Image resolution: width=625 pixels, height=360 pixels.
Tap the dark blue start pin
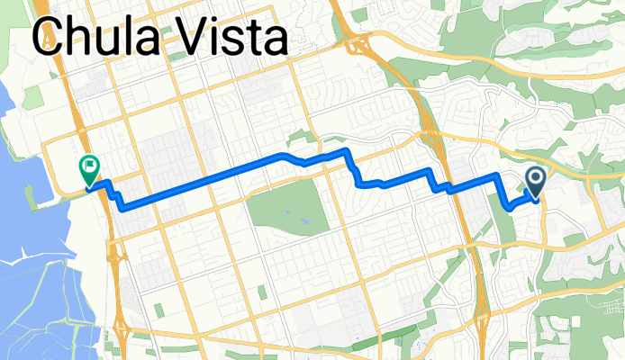click(535, 183)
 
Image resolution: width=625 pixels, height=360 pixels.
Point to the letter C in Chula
click(50, 39)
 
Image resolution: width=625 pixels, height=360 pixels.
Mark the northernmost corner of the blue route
click(346, 149)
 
